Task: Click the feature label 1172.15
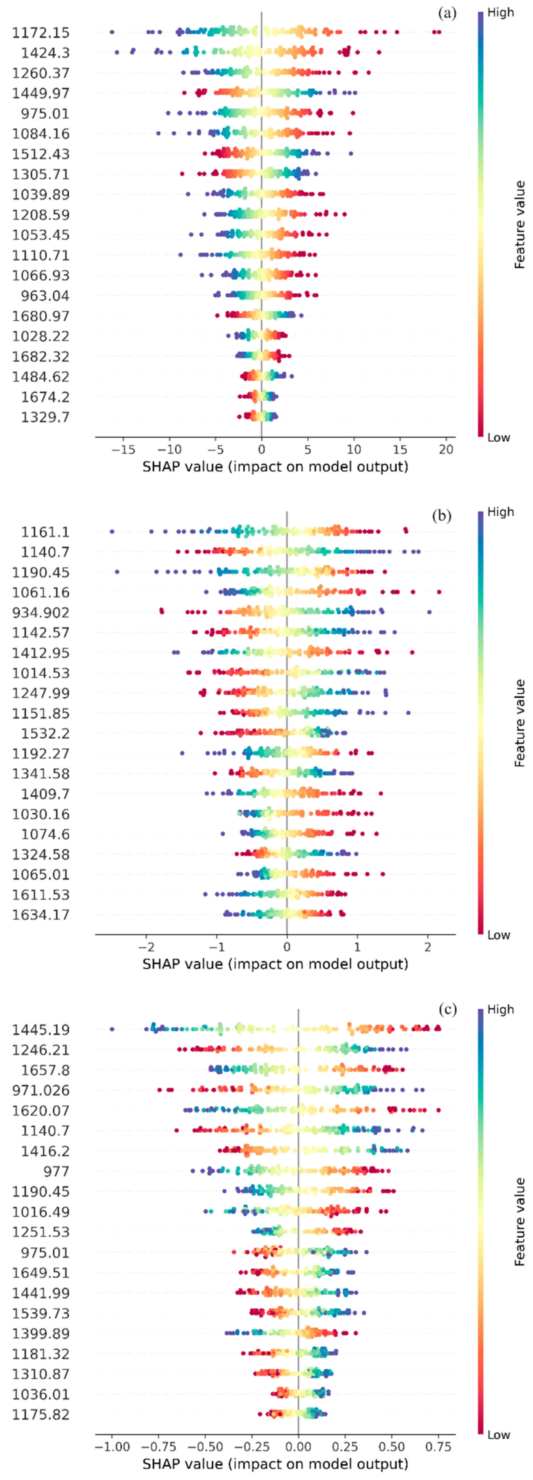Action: [x=40, y=33]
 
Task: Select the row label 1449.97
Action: [x=40, y=93]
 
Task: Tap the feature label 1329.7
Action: [x=45, y=417]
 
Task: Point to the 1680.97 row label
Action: [x=40, y=316]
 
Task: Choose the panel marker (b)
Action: [x=442, y=515]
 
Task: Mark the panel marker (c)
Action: [x=447, y=1010]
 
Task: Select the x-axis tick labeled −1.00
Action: [x=112, y=1447]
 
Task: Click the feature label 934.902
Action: [x=40, y=612]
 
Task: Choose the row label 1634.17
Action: [x=40, y=915]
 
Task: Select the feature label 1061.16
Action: [x=40, y=592]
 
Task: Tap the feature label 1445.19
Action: [x=40, y=1030]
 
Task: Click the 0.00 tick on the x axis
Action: [x=298, y=1447]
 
